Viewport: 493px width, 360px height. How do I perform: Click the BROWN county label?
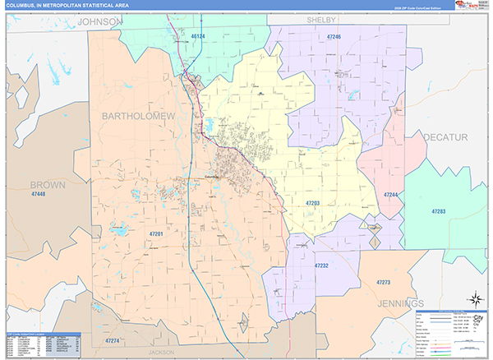tap(47, 184)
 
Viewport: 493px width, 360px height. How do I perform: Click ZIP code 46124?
tap(197, 36)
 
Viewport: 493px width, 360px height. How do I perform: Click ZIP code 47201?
tap(156, 234)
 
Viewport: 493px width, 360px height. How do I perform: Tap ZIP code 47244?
tap(391, 194)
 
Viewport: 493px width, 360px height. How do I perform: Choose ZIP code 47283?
tap(438, 211)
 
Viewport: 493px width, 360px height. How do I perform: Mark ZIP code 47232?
tap(321, 265)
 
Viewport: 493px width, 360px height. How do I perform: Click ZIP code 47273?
tap(383, 282)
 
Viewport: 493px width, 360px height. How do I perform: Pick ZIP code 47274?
tap(112, 339)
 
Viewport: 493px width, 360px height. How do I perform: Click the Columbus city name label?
tap(214, 176)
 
